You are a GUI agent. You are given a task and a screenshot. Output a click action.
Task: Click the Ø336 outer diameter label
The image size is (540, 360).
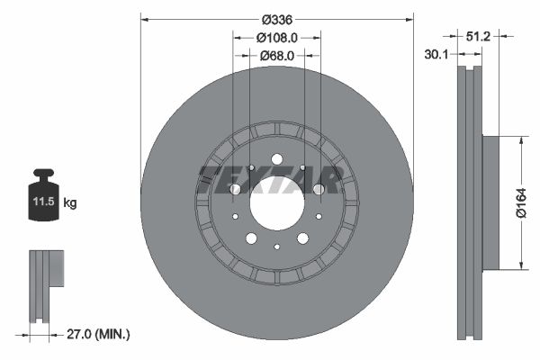click(x=277, y=19)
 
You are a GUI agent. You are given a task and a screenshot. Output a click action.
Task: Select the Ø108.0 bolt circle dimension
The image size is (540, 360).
click(x=277, y=38)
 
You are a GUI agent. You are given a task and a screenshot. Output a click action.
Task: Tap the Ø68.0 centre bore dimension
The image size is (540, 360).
click(x=277, y=56)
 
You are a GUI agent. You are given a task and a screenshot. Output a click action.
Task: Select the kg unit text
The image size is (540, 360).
click(x=70, y=203)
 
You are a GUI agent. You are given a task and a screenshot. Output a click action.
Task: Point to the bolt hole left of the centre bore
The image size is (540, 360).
click(x=235, y=189)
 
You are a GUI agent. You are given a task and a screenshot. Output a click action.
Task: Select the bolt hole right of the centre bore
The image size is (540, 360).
click(x=319, y=189)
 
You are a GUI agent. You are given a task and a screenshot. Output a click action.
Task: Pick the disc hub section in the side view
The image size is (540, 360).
click(x=491, y=202)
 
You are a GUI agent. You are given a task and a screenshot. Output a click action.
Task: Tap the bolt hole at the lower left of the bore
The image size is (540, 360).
click(x=251, y=238)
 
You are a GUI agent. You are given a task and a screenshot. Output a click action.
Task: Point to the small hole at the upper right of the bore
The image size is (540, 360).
click(x=303, y=167)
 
